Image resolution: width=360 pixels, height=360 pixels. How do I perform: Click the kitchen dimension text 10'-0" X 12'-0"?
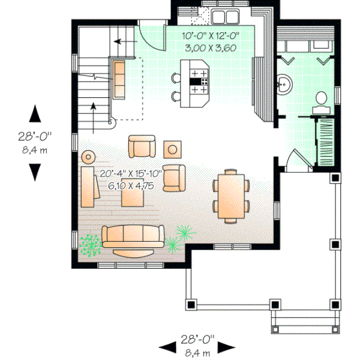click(210, 35)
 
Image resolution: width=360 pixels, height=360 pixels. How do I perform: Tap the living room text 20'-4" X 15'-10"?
click(131, 174)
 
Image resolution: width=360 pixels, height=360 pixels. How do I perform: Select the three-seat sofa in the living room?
click(133, 236)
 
